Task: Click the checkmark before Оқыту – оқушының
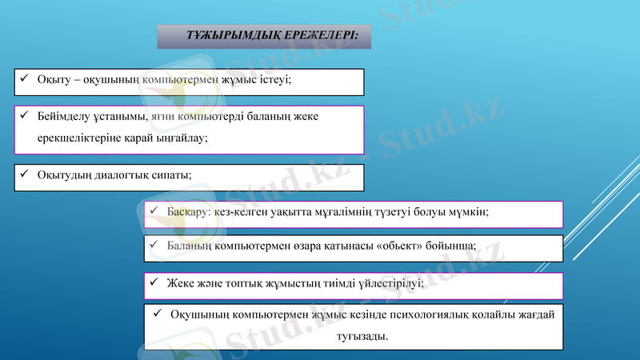(25, 79)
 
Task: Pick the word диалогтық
(124, 174)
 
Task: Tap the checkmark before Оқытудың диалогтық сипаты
(25, 174)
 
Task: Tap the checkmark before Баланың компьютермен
(155, 246)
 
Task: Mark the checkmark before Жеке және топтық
(155, 282)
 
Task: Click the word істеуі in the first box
(273, 80)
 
